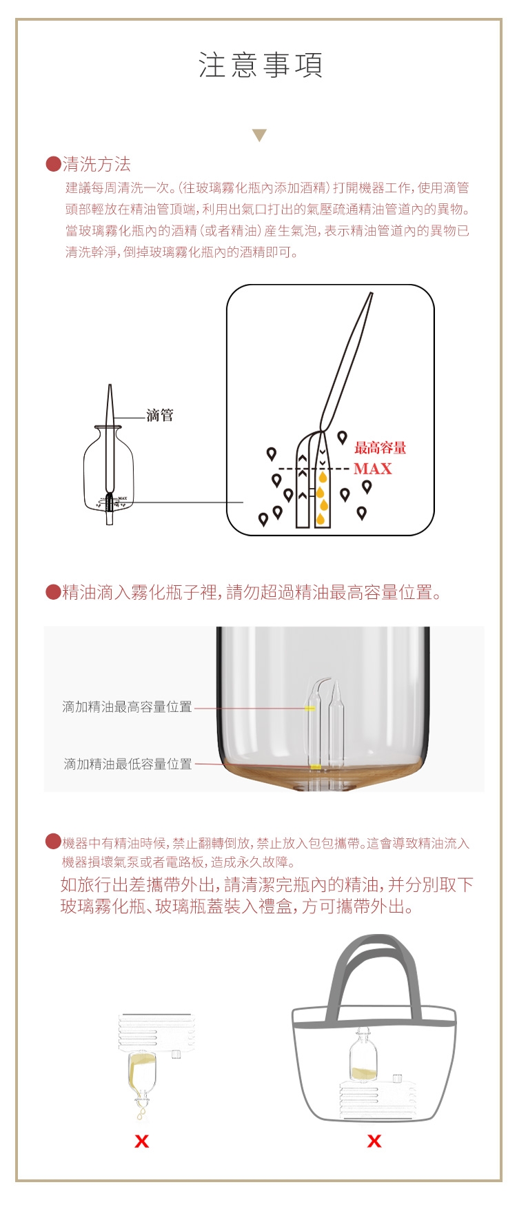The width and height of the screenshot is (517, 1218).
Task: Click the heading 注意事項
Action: pyautogui.click(x=261, y=65)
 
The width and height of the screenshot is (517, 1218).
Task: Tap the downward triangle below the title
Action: pyautogui.click(x=259, y=135)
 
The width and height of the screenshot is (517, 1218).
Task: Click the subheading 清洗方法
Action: pyautogui.click(x=97, y=164)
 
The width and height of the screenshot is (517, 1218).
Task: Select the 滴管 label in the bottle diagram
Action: pyautogui.click(x=160, y=415)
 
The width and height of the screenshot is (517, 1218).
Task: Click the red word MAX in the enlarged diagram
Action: pyautogui.click(x=372, y=469)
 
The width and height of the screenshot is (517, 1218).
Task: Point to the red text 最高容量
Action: pyautogui.click(x=380, y=447)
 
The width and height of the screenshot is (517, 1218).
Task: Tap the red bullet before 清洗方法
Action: pyautogui.click(x=53, y=164)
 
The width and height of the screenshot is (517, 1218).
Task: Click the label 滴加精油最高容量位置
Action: pyautogui.click(x=128, y=707)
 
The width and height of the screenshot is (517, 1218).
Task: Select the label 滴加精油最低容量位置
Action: pyautogui.click(x=128, y=764)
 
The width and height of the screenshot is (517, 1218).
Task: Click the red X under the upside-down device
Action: pyautogui.click(x=142, y=1141)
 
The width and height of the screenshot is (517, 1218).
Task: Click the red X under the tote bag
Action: pyautogui.click(x=374, y=1141)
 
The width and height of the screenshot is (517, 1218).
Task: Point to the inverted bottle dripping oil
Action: pyautogui.click(x=141, y=1082)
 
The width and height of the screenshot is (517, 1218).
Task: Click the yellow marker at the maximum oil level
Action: pyautogui.click(x=310, y=708)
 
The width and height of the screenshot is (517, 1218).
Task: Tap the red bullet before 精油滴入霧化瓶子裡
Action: pyautogui.click(x=53, y=592)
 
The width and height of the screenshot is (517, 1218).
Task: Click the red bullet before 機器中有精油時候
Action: pyautogui.click(x=53, y=841)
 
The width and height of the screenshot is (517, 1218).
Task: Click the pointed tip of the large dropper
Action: pyautogui.click(x=372, y=294)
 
